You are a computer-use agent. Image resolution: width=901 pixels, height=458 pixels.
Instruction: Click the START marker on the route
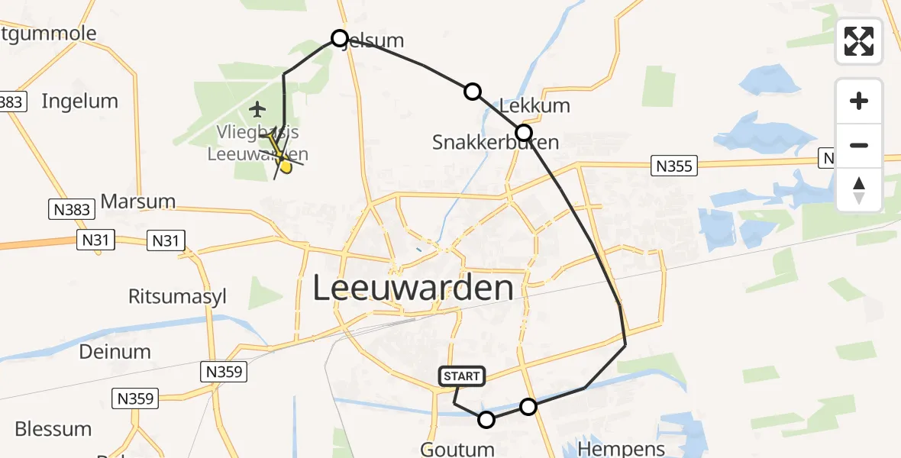click(x=461, y=376)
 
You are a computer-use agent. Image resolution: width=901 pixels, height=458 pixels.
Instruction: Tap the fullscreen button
click(x=859, y=41)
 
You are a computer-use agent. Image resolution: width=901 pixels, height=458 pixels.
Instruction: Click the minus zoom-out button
click(x=859, y=145)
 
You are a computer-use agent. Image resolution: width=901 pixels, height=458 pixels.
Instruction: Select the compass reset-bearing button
click(x=859, y=190)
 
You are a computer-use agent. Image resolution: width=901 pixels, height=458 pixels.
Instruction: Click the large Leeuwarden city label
click(x=413, y=289)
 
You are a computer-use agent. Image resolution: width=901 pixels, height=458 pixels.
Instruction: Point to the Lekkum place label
click(x=534, y=105)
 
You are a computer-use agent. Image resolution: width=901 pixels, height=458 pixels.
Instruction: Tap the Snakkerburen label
click(x=495, y=142)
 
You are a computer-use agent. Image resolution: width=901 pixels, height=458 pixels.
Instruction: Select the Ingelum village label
click(x=79, y=101)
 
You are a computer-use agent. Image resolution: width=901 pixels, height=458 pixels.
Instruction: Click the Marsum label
click(x=137, y=202)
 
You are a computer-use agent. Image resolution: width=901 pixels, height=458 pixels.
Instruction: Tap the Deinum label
click(x=115, y=352)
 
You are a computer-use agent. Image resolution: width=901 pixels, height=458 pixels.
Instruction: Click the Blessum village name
click(x=53, y=429)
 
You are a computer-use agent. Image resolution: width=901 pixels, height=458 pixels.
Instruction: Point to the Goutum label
click(x=457, y=448)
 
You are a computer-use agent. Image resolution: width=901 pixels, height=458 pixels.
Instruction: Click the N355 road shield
click(x=674, y=165)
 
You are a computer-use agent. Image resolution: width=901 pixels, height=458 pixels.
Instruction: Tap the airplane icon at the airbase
click(x=258, y=109)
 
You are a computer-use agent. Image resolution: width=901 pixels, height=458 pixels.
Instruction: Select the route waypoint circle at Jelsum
click(x=340, y=38)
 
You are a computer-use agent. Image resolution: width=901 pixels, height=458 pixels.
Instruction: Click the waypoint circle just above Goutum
click(x=486, y=419)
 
